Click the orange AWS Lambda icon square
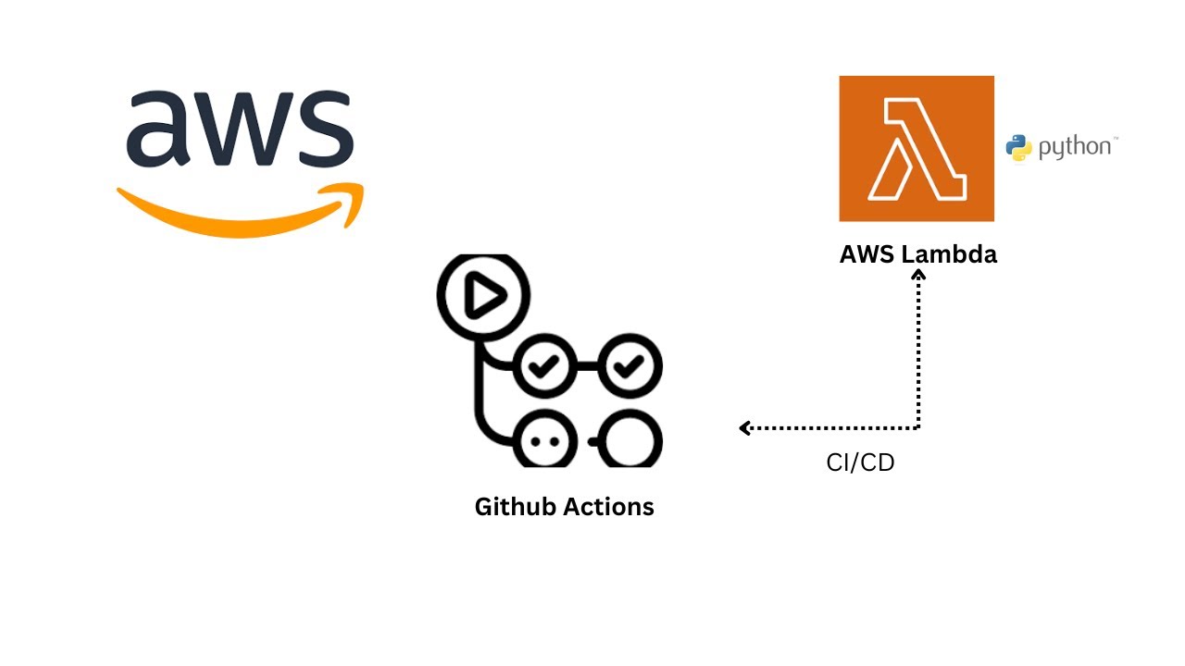917,149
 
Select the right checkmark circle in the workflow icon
632,367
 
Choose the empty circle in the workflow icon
632,441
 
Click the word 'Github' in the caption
515,507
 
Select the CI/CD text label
860,462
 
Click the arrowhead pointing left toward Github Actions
745,427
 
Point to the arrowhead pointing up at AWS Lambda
918,275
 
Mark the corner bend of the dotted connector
918,427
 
